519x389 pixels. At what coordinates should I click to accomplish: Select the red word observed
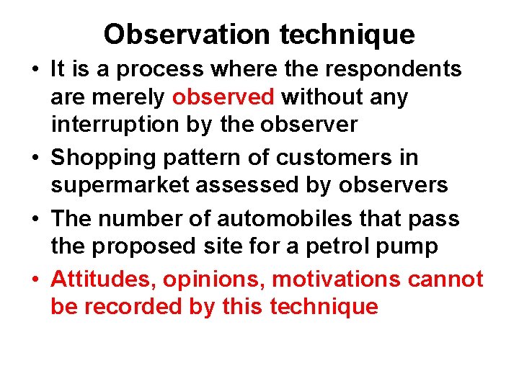pyautogui.click(x=223, y=97)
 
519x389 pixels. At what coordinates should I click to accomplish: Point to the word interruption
pyautogui.click(x=115, y=125)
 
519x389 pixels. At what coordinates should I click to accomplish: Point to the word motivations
pyautogui.click(x=337, y=278)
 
